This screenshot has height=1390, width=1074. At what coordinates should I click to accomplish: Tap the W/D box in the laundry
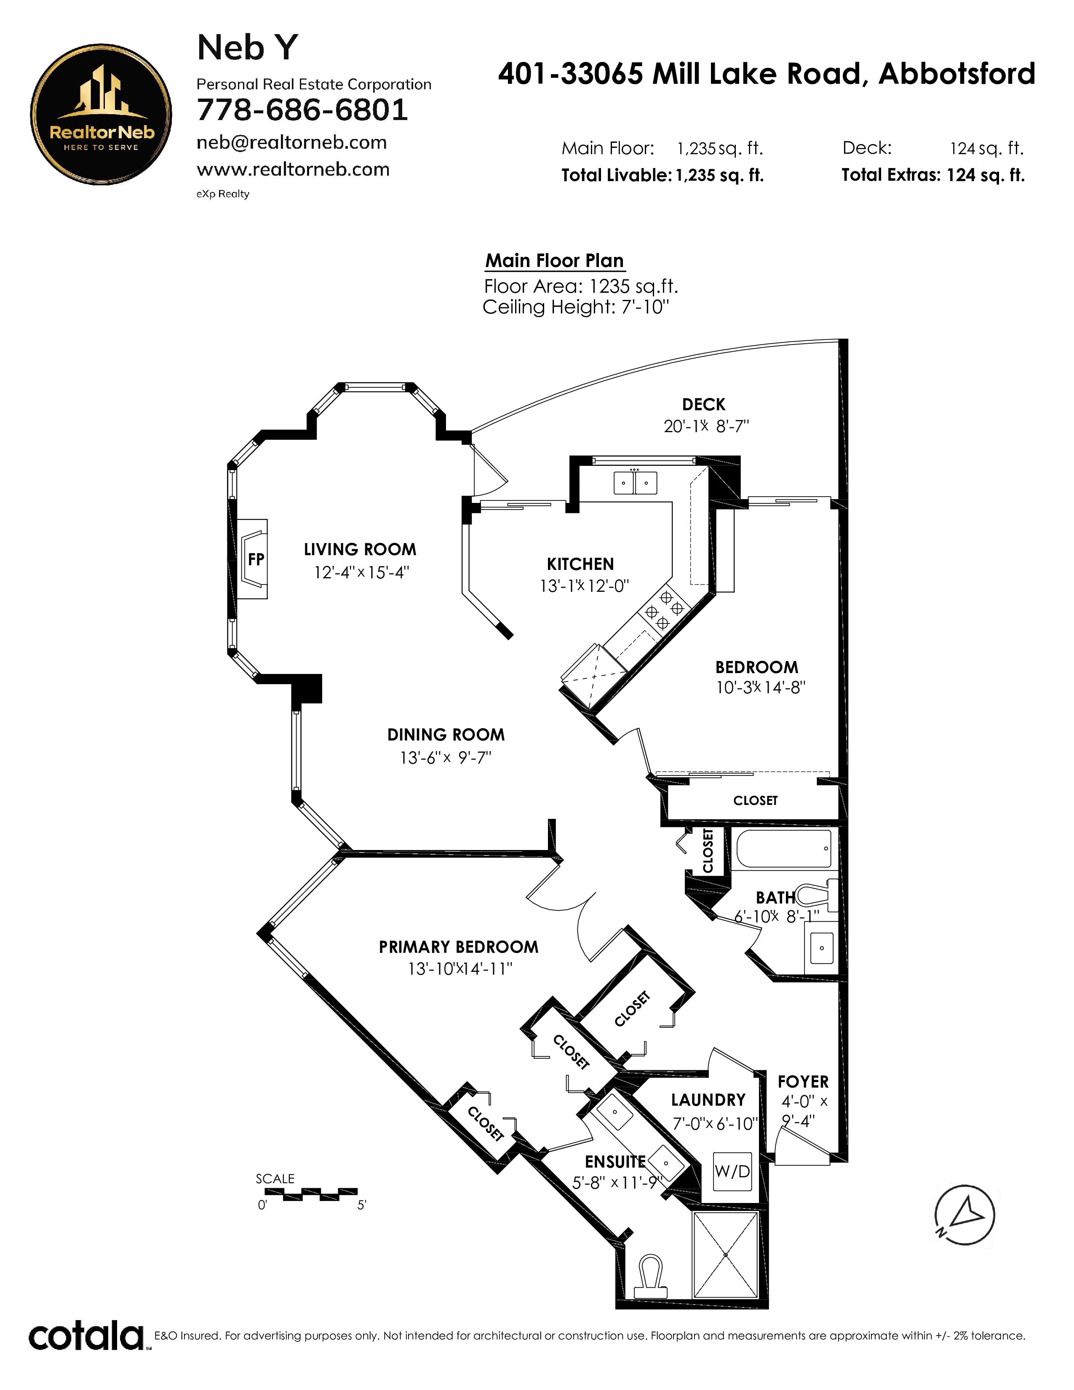[x=732, y=1171]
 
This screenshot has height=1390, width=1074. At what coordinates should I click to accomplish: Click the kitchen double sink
[x=635, y=482]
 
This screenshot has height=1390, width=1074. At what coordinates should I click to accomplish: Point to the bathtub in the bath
[x=784, y=848]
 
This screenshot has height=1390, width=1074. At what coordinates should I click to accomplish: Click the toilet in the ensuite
[x=650, y=1275]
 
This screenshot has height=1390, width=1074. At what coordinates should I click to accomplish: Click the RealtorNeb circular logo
[x=101, y=115]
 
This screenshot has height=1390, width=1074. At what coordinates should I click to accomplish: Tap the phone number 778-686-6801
[x=302, y=110]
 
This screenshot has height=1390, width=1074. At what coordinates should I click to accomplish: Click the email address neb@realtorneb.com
[x=291, y=142]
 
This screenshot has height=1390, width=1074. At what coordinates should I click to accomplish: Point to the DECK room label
[x=704, y=404]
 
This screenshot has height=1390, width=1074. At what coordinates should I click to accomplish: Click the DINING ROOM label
[x=446, y=735]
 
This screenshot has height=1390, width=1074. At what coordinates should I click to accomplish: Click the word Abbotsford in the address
[x=957, y=74]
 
